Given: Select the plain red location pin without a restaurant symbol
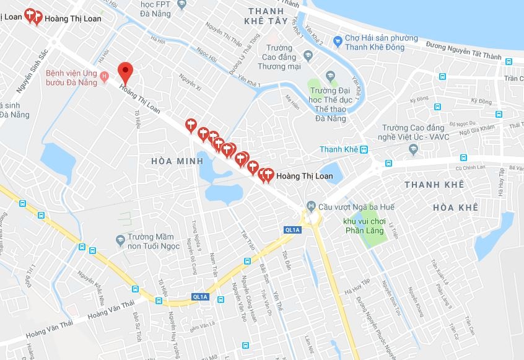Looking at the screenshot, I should [126, 72].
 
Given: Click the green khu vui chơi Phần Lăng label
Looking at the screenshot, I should [365, 226].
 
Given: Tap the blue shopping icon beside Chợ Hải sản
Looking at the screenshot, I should [337, 42].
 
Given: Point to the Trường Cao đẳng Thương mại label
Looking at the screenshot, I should [287, 58].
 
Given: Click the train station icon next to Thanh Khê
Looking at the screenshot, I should [364, 149].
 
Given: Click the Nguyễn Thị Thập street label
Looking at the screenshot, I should [224, 37].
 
